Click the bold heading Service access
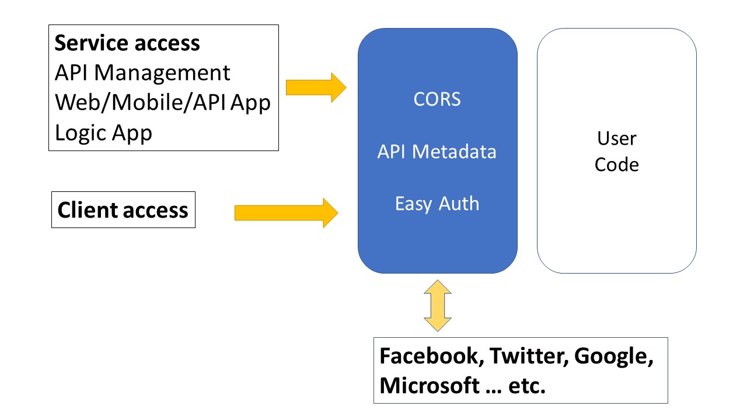(127, 44)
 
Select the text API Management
(142, 73)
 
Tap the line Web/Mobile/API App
(163, 103)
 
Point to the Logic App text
(103, 132)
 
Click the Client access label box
(123, 210)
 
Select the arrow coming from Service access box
(316, 87)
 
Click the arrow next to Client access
(286, 212)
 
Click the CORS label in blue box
(437, 100)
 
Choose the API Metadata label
(437, 152)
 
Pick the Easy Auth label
(437, 204)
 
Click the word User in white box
(616, 139)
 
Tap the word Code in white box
(616, 164)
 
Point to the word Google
(613, 356)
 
